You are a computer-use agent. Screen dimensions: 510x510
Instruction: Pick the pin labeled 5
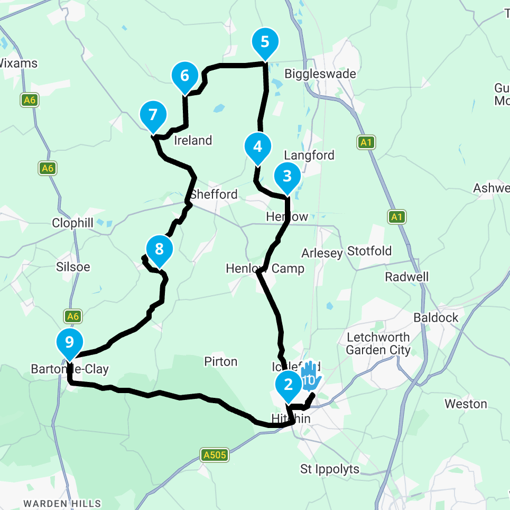pyautogui.click(x=265, y=42)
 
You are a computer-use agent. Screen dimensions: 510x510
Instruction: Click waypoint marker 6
pyautogui.click(x=184, y=76)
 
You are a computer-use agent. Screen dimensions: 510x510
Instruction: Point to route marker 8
pyautogui.click(x=159, y=248)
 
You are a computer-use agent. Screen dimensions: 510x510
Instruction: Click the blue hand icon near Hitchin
pyautogui.click(x=310, y=377)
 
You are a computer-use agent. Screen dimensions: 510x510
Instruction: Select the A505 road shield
pyautogui.click(x=216, y=455)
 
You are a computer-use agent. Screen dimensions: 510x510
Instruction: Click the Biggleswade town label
pyautogui.click(x=320, y=74)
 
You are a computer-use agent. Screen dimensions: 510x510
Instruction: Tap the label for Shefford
pyautogui.click(x=214, y=194)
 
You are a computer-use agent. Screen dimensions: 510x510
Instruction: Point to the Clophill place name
pyautogui.click(x=72, y=223)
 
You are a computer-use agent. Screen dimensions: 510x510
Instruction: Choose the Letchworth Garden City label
pyautogui.click(x=378, y=343)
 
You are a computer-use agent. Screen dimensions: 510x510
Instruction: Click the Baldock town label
pyautogui.click(x=436, y=318)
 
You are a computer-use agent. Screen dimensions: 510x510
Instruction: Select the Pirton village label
pyautogui.click(x=221, y=362)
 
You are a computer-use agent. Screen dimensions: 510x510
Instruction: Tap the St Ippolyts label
pyautogui.click(x=330, y=469)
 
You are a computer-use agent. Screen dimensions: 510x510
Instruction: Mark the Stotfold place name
pyautogui.click(x=369, y=250)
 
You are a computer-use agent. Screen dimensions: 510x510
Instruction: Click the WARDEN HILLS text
pyautogui.click(x=62, y=503)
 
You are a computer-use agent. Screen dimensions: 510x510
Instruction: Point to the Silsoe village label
pyautogui.click(x=73, y=267)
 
